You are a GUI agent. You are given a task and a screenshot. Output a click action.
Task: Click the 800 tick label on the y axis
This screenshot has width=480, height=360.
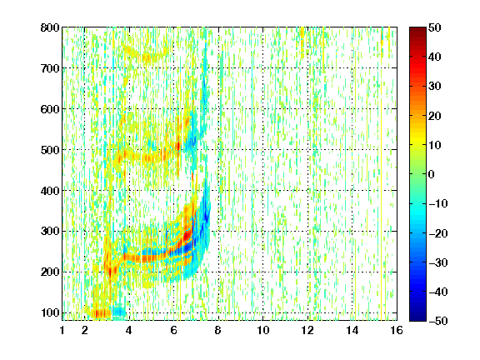click(x=50, y=27)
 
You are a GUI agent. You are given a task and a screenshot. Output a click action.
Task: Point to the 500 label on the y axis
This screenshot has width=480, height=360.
click(x=50, y=150)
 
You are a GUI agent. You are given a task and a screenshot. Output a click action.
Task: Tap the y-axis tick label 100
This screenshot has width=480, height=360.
click(x=50, y=312)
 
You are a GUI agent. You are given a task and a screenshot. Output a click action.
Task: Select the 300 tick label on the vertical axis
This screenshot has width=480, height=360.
click(x=50, y=231)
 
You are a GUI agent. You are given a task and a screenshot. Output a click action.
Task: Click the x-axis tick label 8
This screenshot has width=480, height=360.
click(x=218, y=330)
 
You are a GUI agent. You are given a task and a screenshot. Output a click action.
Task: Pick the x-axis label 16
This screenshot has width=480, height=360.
click(x=397, y=330)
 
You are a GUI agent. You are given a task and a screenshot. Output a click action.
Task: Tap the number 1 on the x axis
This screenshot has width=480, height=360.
click(x=62, y=330)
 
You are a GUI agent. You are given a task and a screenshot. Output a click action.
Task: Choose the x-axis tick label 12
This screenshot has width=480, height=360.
click(x=307, y=330)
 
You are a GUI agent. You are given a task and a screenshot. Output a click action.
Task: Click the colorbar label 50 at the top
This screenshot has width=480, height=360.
click(x=434, y=27)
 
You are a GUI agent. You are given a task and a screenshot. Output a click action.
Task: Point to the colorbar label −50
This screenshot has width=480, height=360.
click(x=438, y=321)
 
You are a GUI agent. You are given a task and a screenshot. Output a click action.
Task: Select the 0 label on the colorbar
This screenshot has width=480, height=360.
click(x=432, y=174)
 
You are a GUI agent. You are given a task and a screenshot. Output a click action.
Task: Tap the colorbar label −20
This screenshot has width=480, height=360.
click(x=438, y=233)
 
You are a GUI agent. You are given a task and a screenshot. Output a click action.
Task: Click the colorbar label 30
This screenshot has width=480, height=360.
click(x=434, y=87)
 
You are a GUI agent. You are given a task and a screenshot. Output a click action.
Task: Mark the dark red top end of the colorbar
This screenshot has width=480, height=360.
click(x=417, y=29)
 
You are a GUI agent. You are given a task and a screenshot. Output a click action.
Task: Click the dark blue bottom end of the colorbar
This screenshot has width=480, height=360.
click(x=417, y=318)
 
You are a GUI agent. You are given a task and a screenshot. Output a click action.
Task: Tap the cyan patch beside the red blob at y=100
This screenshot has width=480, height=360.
click(x=119, y=312)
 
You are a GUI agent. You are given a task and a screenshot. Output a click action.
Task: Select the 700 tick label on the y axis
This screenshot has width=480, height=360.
click(x=50, y=68)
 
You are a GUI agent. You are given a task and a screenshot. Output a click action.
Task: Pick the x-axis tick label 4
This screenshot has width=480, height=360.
click(x=128, y=330)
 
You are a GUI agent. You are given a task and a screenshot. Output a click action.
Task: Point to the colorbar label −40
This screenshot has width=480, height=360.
click(x=438, y=292)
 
